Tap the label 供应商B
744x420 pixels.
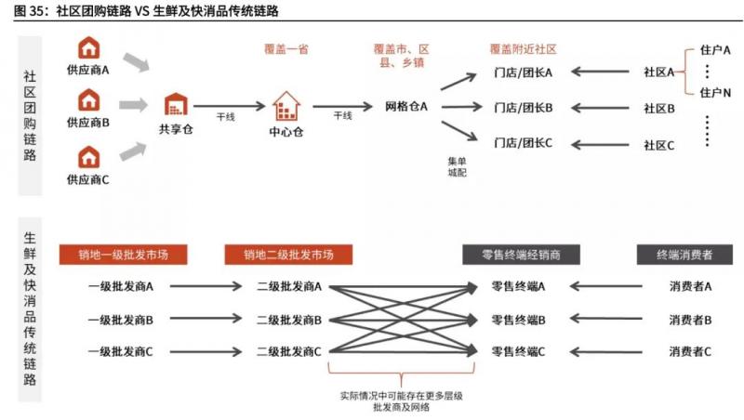coord(88,123)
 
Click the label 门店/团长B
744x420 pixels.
coord(523,108)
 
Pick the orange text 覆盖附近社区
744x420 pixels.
coord(523,48)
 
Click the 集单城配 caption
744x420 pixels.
coord(456,165)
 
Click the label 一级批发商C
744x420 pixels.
coord(121,351)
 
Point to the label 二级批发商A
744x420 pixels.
coord(289,287)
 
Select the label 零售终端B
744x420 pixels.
coord(518,320)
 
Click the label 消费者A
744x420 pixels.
coord(689,287)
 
